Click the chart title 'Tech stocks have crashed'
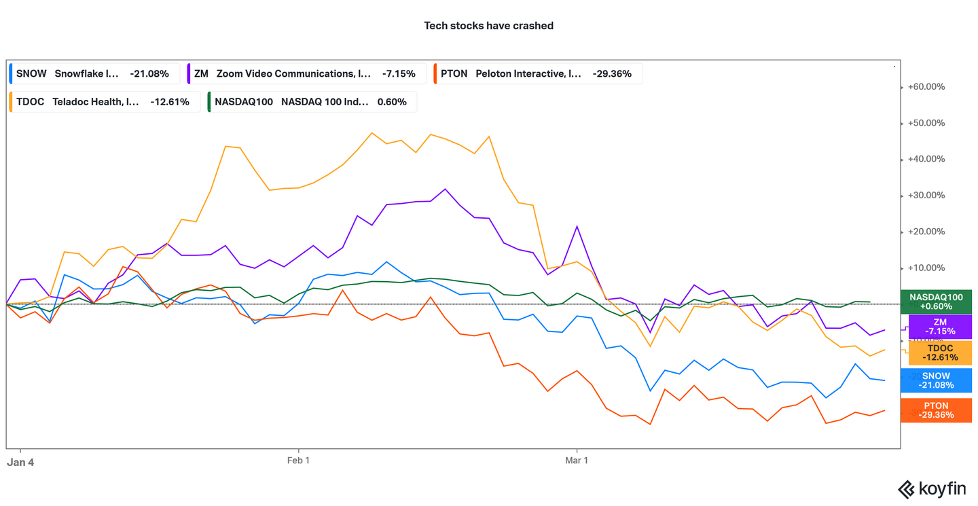pos(488,26)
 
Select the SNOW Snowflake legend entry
pos(93,73)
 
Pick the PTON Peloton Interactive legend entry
pos(536,73)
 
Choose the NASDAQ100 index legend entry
pos(311,102)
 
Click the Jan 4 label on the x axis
pos(20,461)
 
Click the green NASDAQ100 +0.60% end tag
pos(936,302)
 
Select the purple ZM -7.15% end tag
pos(940,327)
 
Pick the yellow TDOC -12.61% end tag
pos(940,353)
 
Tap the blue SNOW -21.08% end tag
pos(936,380)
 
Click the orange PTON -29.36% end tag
pos(936,410)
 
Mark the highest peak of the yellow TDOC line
pos(372,132)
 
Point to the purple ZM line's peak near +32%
pos(445,189)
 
